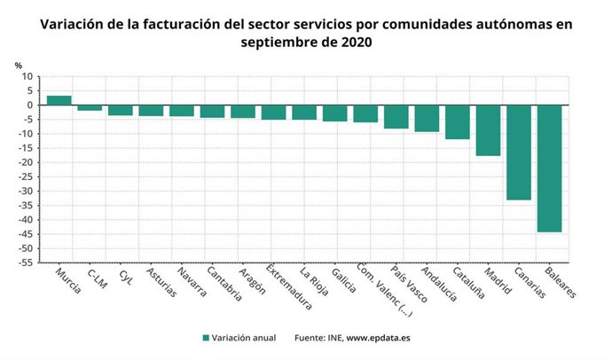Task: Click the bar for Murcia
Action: tap(59, 100)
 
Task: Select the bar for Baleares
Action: tap(549, 168)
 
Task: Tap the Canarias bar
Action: tap(519, 153)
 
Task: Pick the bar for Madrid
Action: tap(488, 130)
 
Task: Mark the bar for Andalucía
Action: tap(427, 119)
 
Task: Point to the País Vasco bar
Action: tap(396, 117)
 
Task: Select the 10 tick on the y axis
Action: tap(28, 77)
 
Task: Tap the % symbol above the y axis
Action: tap(19, 64)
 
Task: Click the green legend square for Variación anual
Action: tap(206, 338)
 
